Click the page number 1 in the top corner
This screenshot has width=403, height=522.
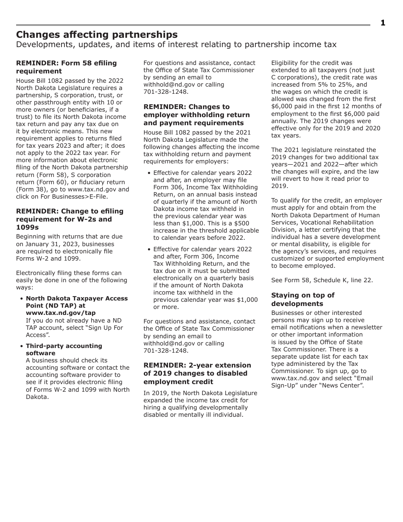coord(383,23)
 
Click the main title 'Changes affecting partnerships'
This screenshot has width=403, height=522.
coord(97,34)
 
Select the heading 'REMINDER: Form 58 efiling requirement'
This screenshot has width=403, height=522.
coord(66,67)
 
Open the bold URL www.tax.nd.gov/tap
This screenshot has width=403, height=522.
coord(61,313)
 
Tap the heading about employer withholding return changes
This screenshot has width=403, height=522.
coord(196,115)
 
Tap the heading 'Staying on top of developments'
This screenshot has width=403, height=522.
coord(302,299)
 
